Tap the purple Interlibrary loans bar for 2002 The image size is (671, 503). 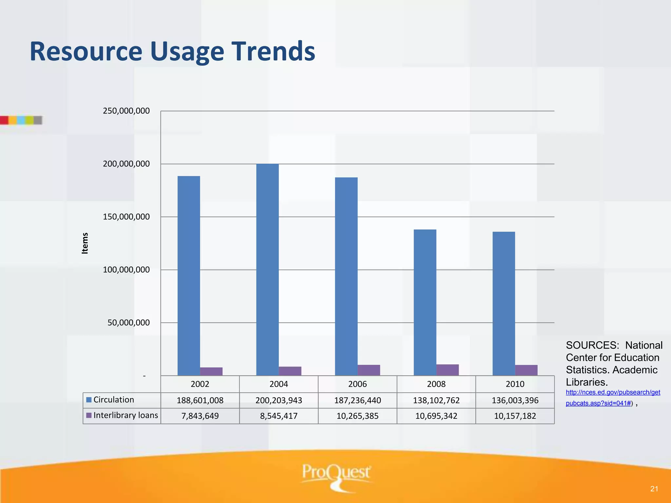click(x=211, y=371)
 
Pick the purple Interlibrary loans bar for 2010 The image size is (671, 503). click(x=526, y=370)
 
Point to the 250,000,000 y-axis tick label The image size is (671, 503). click(x=126, y=111)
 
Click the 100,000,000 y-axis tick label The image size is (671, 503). click(x=126, y=270)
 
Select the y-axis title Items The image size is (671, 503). click(x=85, y=243)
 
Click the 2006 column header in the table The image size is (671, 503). click(x=357, y=384)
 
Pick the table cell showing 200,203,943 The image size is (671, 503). click(x=279, y=400)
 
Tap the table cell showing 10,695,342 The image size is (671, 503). click(x=436, y=416)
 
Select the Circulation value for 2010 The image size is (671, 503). click(x=515, y=400)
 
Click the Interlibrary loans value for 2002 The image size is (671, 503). click(x=200, y=416)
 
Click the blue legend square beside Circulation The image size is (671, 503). click(x=89, y=400)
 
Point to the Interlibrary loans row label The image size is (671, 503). click(x=125, y=415)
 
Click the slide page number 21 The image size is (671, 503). click(x=654, y=489)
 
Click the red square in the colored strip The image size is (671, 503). click(x=4, y=120)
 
